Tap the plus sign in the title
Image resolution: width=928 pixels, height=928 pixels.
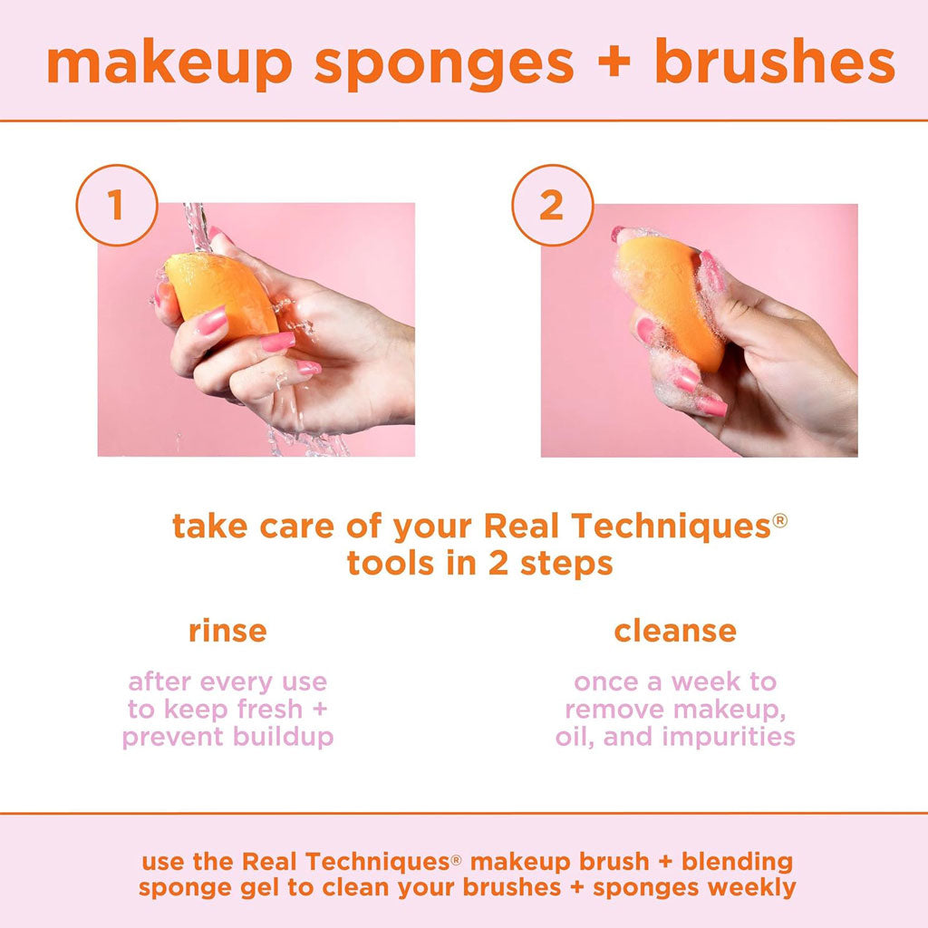point(614,63)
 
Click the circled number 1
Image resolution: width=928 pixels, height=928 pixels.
point(116,206)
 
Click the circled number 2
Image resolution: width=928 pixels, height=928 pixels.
point(551,206)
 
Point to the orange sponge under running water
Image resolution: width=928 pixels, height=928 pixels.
point(219,293)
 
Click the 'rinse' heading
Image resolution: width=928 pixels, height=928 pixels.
point(227,631)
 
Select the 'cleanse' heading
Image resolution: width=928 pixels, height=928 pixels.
point(675,631)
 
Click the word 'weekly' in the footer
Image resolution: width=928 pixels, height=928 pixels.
point(752,887)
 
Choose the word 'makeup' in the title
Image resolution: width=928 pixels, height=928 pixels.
point(170,63)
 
